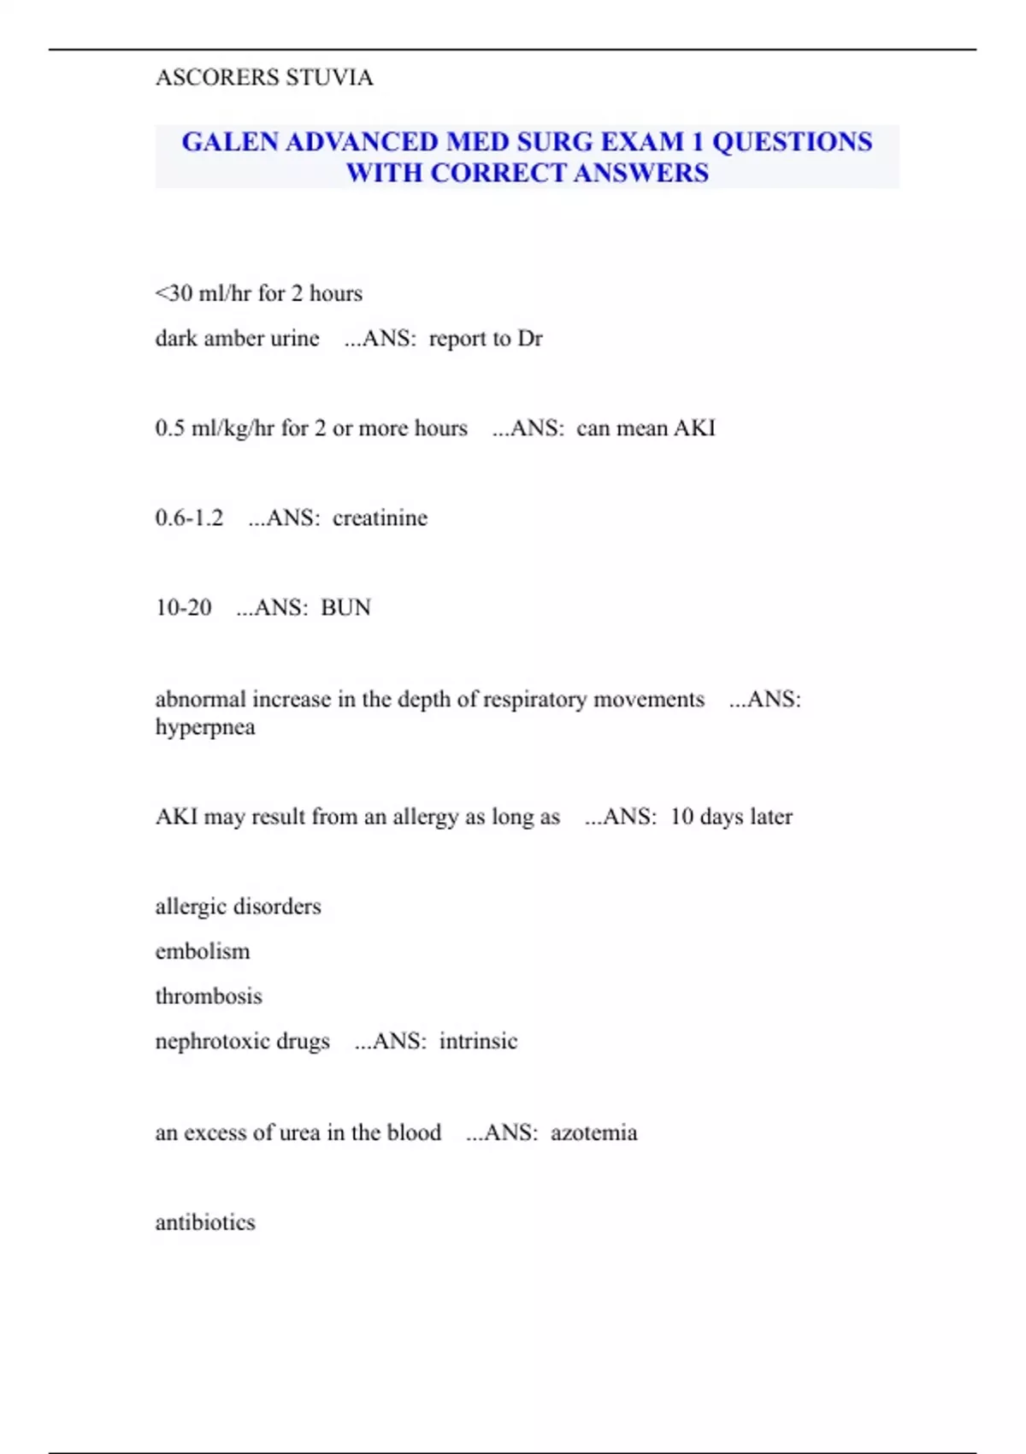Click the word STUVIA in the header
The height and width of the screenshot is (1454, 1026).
[329, 78]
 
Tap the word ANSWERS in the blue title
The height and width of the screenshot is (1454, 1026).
[641, 173]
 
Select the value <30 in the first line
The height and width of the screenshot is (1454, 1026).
[174, 293]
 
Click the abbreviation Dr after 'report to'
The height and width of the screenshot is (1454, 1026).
[530, 339]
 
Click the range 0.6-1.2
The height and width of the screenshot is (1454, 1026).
[189, 517]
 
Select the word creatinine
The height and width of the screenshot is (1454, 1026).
[380, 517]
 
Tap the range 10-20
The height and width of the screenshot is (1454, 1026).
[183, 607]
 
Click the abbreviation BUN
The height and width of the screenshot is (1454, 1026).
[345, 607]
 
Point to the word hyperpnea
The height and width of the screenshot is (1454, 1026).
[205, 727]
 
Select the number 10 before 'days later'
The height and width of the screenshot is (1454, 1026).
[681, 817]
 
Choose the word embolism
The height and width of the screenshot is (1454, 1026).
[203, 951]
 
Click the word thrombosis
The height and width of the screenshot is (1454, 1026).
[209, 996]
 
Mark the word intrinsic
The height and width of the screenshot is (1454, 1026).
[478, 1042]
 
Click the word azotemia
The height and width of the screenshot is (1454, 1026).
[593, 1133]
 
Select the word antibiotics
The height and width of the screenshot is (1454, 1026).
[205, 1222]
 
